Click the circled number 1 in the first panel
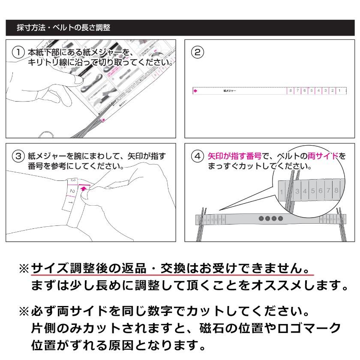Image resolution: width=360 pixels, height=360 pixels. pos(18,52)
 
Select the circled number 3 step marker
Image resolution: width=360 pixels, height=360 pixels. pos(18,156)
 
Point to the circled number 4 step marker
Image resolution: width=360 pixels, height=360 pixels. pos(196,156)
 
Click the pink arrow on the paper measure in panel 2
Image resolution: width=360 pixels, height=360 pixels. pos(195,91)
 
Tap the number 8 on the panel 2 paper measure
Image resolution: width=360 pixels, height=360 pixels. pos(291,91)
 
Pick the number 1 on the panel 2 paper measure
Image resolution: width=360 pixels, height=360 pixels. pos(339,91)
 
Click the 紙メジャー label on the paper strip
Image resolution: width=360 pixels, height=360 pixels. pos(230,91)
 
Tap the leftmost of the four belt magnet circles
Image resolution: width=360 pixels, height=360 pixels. pos(262,219)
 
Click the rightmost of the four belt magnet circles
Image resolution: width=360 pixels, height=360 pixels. pos(280,219)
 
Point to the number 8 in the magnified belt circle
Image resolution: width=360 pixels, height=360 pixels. pos(336,190)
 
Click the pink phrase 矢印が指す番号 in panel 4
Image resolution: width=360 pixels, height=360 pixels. pos(234,156)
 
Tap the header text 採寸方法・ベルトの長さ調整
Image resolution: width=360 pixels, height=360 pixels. pos(63,28)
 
